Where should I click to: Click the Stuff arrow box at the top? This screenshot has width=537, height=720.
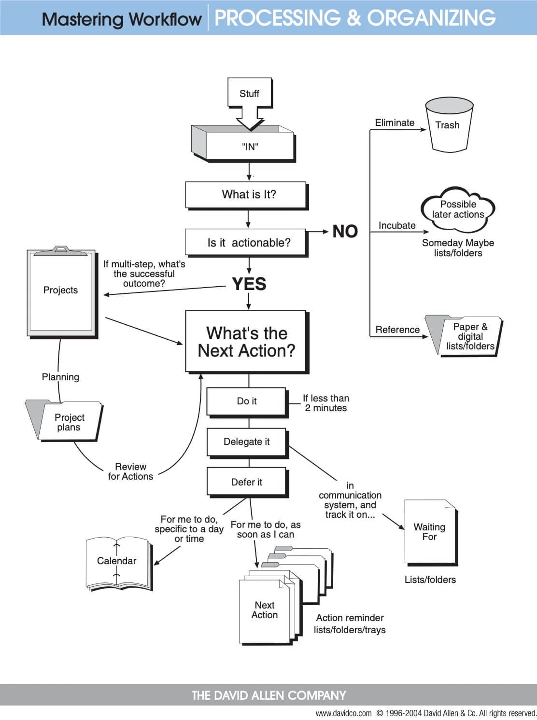click(250, 94)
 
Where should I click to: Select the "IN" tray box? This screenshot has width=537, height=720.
click(250, 146)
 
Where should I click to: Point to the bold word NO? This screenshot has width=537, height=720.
click(345, 232)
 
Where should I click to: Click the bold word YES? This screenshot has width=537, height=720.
click(249, 284)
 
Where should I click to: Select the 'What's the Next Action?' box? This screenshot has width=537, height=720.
click(246, 342)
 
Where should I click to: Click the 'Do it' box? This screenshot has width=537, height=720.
click(247, 401)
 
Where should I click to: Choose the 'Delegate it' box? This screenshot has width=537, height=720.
click(247, 442)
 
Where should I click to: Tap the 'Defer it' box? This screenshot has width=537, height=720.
click(247, 482)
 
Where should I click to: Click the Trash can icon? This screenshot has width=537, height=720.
click(448, 125)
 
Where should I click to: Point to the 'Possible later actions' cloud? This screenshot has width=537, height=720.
click(458, 209)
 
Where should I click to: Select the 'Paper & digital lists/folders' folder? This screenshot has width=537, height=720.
click(464, 336)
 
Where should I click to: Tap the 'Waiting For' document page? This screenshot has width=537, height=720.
click(429, 532)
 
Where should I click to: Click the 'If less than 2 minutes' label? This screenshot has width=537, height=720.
click(326, 403)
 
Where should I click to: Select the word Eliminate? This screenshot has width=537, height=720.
click(395, 123)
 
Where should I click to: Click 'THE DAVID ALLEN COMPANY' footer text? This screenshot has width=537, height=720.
click(268, 695)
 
